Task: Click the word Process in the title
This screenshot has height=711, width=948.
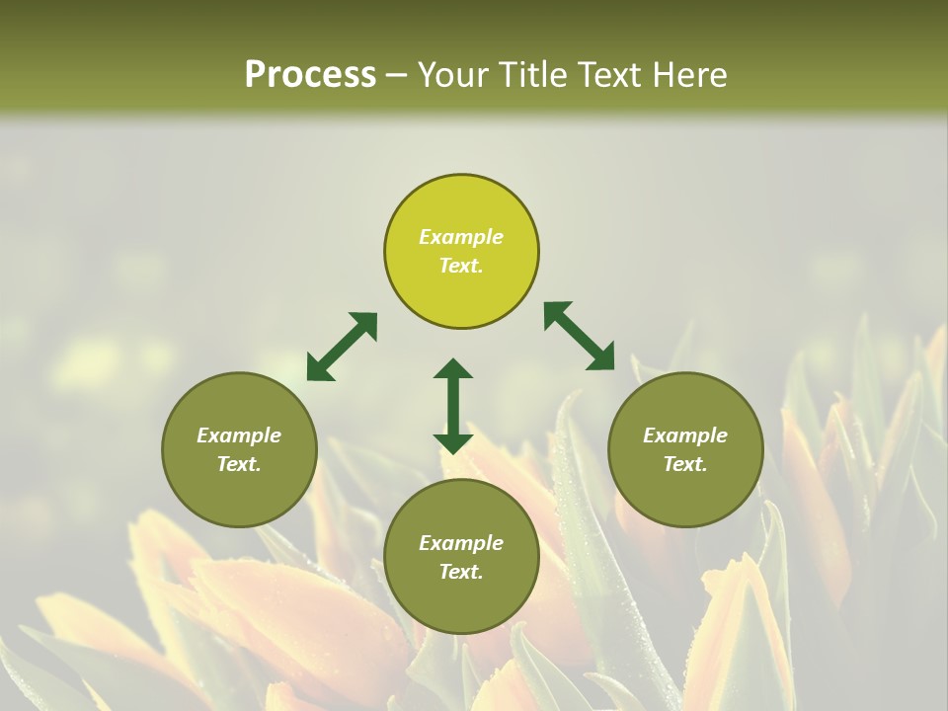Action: [310, 74]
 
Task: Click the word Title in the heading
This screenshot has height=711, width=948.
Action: [533, 74]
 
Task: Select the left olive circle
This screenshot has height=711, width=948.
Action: [239, 489]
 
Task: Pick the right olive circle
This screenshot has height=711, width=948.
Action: [685, 489]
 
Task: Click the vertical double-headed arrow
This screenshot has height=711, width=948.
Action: [453, 406]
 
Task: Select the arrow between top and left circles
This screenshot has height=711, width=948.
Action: [342, 347]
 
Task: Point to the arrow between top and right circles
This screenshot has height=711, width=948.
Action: [580, 336]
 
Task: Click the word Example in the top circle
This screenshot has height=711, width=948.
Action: [461, 237]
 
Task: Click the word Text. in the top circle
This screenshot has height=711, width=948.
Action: [461, 266]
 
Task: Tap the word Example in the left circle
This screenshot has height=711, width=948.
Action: [239, 435]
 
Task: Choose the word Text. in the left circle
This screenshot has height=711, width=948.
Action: [239, 464]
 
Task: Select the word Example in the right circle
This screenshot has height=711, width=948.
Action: [685, 435]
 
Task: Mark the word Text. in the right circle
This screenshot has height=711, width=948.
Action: [685, 464]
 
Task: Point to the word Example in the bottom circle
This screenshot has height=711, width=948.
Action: [461, 543]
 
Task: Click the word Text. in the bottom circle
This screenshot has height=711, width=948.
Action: [461, 572]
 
